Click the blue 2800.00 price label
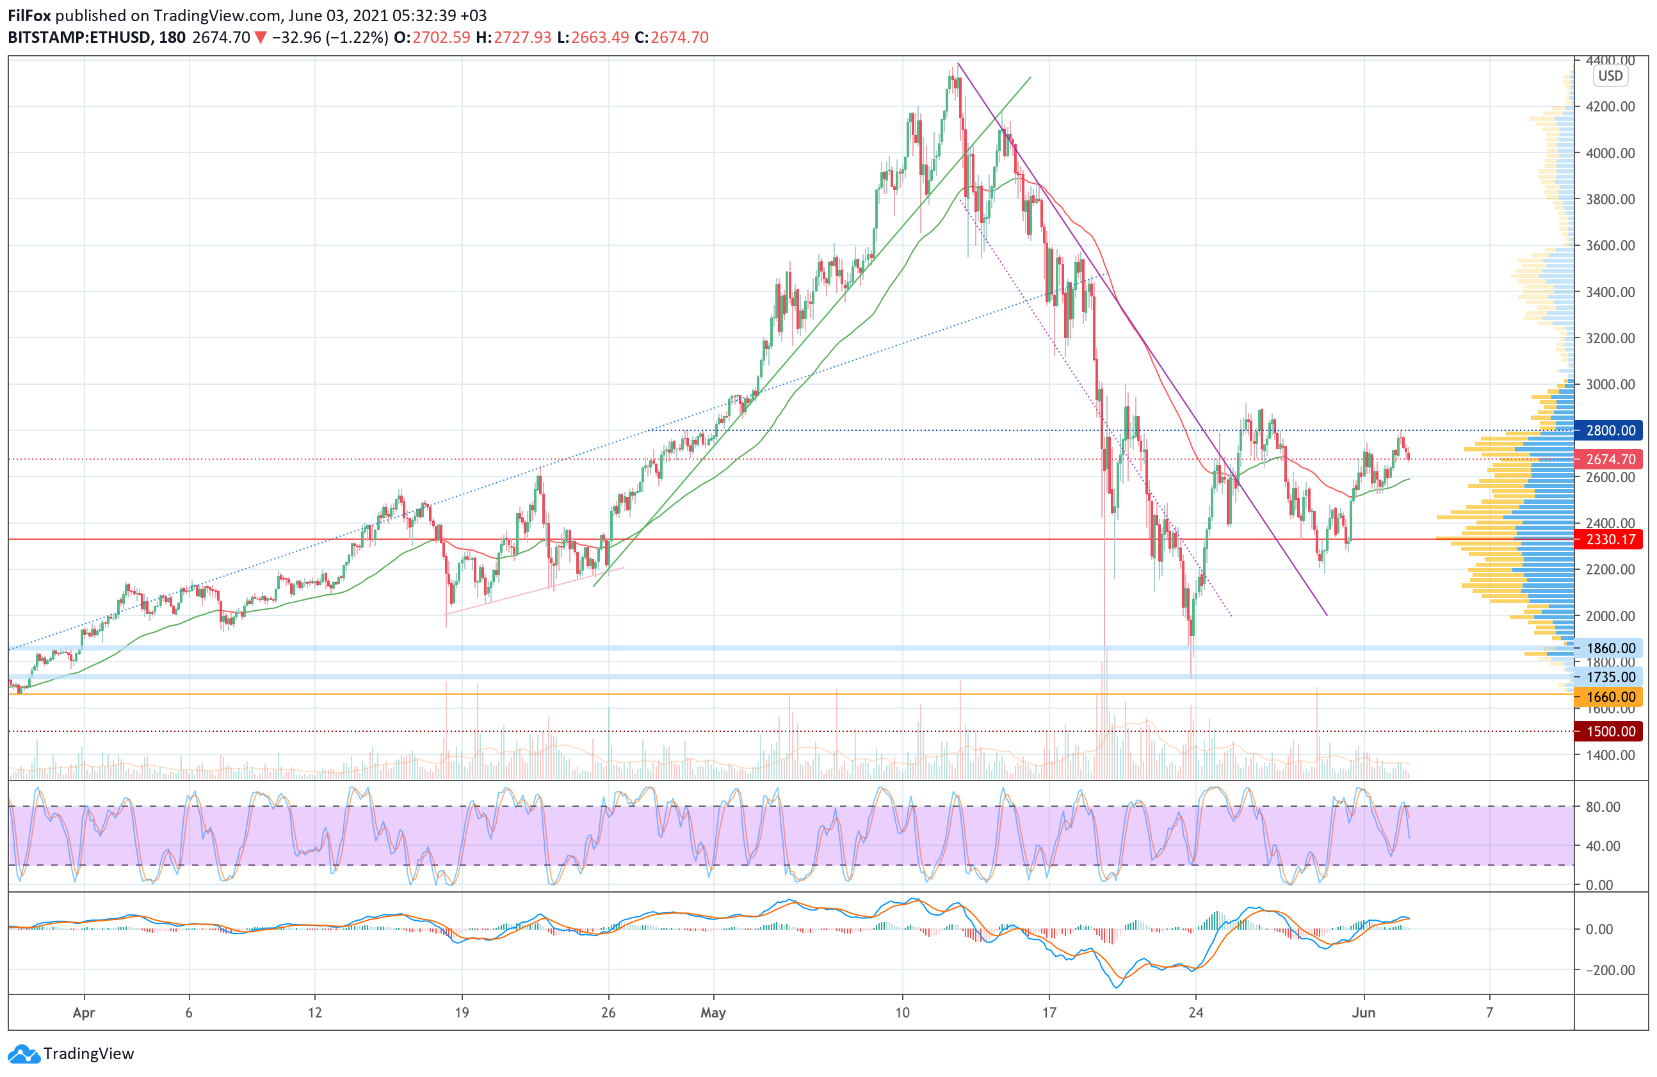coord(1610,430)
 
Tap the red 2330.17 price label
coord(1610,539)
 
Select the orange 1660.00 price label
coord(1610,696)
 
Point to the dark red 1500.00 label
coord(1610,731)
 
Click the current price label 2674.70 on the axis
coord(1610,459)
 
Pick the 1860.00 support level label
coord(1610,648)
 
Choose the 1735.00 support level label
coord(1610,677)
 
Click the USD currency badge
coord(1610,76)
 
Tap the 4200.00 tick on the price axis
coord(1610,106)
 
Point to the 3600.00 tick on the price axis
coord(1610,245)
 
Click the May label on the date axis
coord(713,1012)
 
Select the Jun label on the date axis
coord(1363,1012)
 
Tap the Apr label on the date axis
coord(83,1012)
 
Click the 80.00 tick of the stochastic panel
coord(1603,807)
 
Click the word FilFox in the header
coord(29,15)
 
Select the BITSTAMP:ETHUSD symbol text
coord(79,38)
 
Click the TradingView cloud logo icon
coord(24,1054)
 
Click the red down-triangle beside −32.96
coord(261,38)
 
